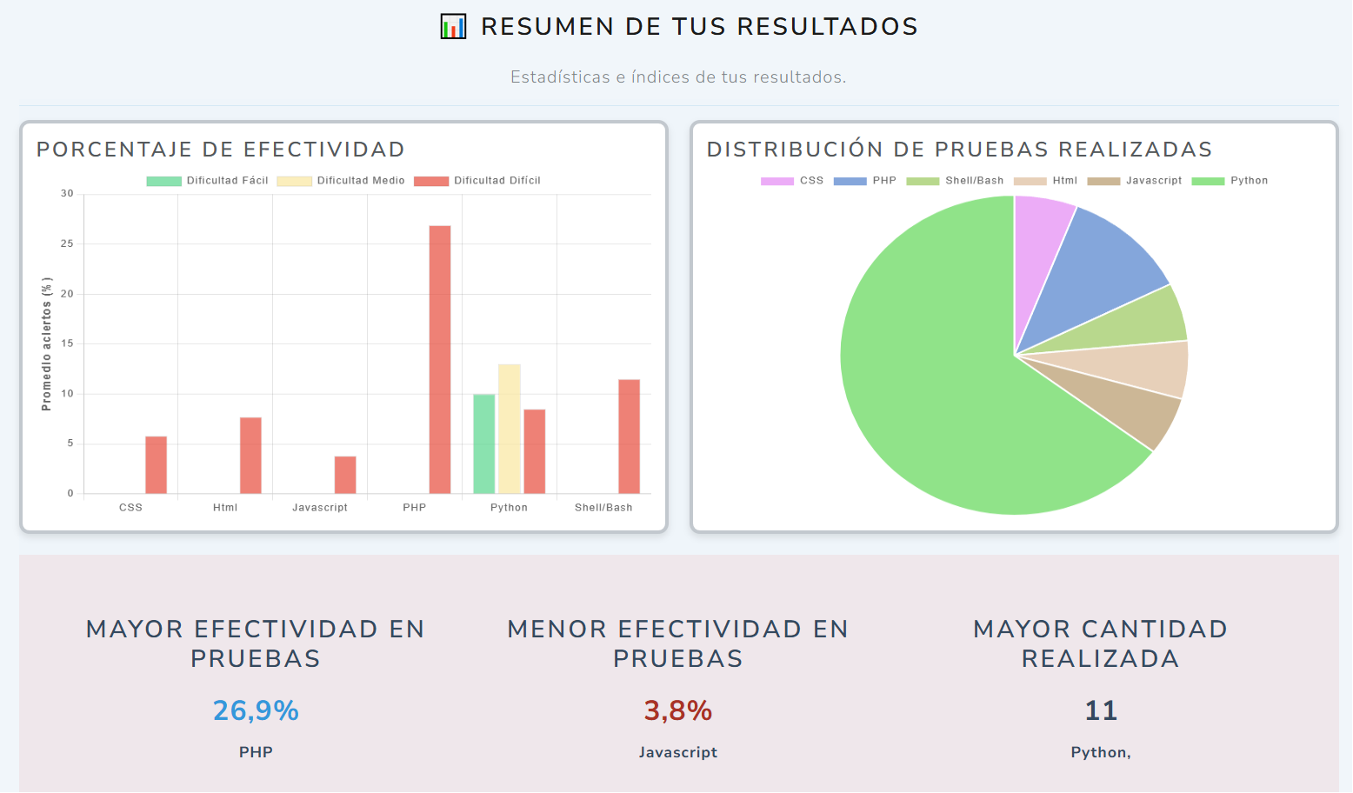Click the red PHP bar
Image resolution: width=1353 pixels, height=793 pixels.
click(440, 359)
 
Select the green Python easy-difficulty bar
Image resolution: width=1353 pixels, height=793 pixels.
click(483, 443)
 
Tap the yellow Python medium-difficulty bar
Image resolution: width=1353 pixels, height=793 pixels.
click(509, 429)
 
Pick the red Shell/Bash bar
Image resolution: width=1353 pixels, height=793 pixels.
click(629, 436)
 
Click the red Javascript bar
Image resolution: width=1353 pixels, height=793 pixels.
click(345, 475)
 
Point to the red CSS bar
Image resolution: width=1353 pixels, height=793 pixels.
click(156, 465)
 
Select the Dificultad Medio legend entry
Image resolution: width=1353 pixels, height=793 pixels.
click(341, 181)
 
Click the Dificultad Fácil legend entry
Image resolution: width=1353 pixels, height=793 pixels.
click(208, 181)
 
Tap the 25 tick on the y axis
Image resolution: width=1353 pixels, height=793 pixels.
click(67, 244)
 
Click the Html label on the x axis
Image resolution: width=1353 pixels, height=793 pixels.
click(225, 508)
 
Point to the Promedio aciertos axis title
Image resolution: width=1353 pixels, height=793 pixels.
click(47, 343)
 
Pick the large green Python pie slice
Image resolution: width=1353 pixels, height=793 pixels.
click(939, 391)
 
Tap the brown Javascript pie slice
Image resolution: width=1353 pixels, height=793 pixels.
click(1122, 410)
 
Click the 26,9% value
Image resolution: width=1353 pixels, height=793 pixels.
click(256, 711)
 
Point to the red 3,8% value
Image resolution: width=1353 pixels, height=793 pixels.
click(677, 711)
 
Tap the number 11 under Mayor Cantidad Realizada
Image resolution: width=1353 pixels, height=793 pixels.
click(1100, 711)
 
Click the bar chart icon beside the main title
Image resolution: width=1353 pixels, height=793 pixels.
click(453, 27)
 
